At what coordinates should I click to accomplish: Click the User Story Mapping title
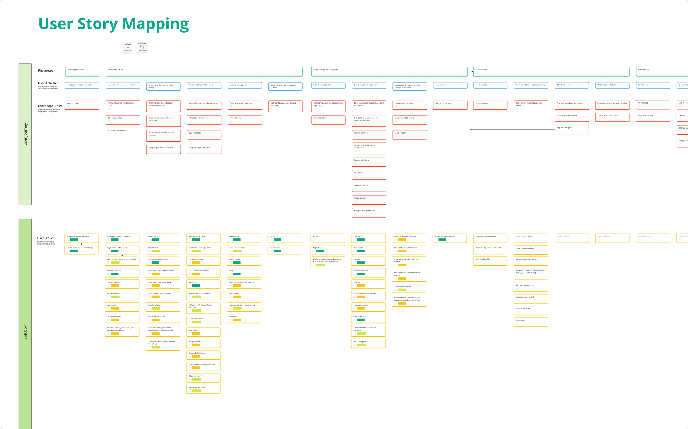pos(113,25)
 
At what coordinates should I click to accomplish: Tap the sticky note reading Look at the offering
pos(127,47)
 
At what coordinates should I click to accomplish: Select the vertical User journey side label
pos(25,134)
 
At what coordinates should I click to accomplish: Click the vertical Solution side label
pos(25,332)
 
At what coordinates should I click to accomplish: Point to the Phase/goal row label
pos(46,71)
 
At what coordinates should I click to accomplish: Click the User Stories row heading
pos(46,238)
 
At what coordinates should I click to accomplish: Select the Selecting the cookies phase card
pos(82,72)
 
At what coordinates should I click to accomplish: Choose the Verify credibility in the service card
pos(204,85)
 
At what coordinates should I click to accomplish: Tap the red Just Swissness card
pos(204,134)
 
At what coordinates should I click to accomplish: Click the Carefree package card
pos(122,120)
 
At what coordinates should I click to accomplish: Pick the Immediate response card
pos(244,120)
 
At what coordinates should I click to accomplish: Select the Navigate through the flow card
pos(369,212)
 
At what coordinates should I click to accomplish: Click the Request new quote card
pos(571,129)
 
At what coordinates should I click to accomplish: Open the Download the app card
pos(653,117)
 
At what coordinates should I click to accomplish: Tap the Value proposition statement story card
pos(122,238)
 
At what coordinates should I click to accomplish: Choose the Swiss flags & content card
pos(203,389)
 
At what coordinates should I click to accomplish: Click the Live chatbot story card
pos(244,295)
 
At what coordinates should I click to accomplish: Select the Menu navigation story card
pos(368,343)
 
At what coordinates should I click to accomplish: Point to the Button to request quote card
pos(449,238)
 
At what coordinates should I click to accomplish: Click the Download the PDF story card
pos(490,261)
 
